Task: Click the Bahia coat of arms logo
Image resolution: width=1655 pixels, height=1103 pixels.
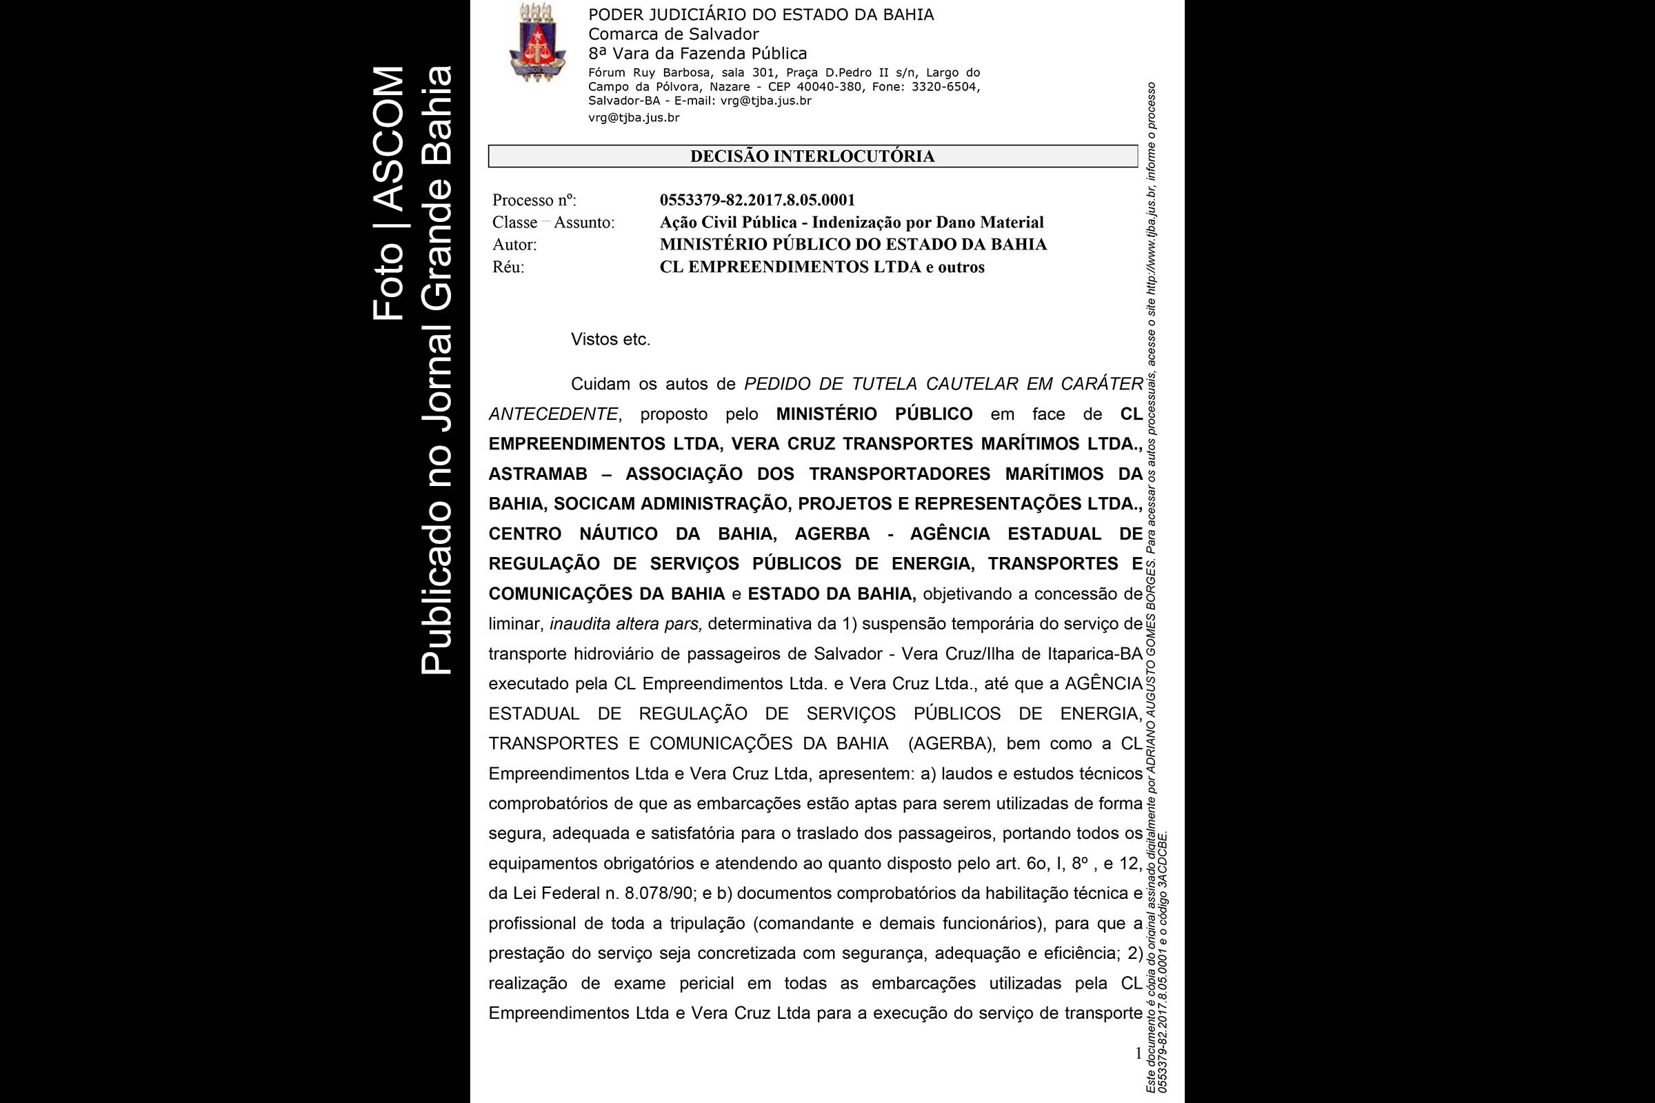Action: (537, 42)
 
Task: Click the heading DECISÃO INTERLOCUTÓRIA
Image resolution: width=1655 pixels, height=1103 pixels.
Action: (812, 156)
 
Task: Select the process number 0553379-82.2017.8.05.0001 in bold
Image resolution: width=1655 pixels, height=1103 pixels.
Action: (757, 201)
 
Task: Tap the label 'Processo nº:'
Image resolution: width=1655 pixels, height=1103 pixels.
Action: (534, 201)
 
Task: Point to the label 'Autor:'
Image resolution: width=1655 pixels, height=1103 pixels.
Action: (514, 245)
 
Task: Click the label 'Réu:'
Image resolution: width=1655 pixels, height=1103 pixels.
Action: (508, 267)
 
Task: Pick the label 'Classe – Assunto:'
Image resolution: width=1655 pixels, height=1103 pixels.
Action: (553, 223)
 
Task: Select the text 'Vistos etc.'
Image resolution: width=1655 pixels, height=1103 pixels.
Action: (610, 340)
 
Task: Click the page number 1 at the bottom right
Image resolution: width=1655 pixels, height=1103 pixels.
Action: (1138, 1053)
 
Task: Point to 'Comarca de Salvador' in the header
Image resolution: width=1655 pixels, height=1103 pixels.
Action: (674, 34)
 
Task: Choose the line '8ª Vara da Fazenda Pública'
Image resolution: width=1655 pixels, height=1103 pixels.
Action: (697, 54)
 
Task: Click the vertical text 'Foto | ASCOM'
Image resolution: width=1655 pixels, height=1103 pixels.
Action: (388, 194)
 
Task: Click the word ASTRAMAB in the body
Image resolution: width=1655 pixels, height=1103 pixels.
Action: (538, 474)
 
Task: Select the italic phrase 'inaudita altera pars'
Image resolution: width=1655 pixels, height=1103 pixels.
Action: (625, 624)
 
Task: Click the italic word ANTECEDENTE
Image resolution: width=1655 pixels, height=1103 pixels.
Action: (553, 414)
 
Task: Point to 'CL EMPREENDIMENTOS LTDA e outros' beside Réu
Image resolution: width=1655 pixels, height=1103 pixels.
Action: (822, 267)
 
